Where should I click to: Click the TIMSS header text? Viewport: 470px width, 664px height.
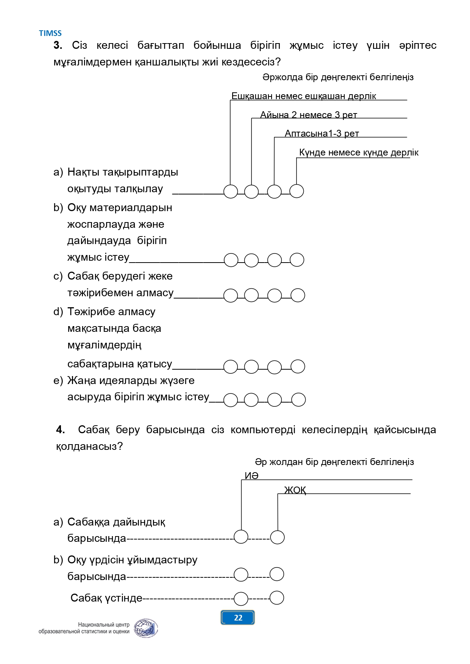coord(50,33)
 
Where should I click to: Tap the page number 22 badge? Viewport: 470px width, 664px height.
coord(237,617)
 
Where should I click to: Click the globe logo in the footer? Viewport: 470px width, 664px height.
coord(146,628)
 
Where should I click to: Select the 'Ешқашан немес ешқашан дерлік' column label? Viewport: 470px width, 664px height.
coord(304,96)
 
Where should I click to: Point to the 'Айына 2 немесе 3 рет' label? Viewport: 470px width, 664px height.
coord(309,115)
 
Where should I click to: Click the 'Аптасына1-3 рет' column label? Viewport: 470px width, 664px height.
coord(322,133)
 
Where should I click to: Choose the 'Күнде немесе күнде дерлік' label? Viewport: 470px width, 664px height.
coord(359,152)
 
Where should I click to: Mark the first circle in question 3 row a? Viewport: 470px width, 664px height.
coord(231,191)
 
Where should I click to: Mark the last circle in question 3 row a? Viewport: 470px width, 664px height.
coord(297,191)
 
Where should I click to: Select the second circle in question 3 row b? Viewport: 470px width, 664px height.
coord(251,260)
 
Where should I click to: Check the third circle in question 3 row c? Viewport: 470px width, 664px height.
coord(275,295)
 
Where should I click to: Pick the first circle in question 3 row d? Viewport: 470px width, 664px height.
coord(231,367)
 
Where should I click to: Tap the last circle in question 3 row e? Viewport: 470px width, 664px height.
coord(298,400)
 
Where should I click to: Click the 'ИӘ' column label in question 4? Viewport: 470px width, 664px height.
coord(251,476)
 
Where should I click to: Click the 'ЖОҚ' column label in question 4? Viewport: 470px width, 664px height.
coord(295,490)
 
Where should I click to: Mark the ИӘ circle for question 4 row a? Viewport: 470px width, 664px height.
coord(241,536)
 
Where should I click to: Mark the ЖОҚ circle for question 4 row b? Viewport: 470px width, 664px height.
coord(277,574)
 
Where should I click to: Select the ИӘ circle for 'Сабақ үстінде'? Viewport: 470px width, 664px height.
coord(241,599)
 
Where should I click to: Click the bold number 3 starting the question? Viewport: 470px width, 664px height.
coord(58,45)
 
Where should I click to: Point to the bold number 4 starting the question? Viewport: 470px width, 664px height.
coord(60,430)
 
